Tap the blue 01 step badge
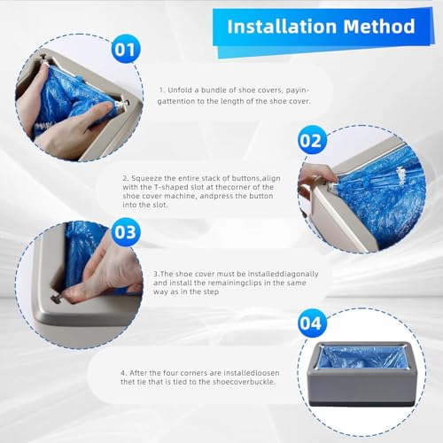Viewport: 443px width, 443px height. [x=127, y=50]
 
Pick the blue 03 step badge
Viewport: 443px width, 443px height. [x=127, y=233]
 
